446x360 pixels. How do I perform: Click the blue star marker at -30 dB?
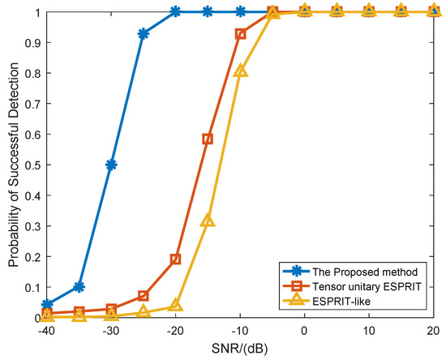point(111,165)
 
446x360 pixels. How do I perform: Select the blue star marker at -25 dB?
point(144,34)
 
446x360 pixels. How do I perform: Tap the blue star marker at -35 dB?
point(79,286)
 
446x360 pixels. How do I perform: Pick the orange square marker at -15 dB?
point(208,139)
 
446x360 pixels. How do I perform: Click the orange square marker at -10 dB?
point(240,34)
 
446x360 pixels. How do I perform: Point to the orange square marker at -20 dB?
point(175,259)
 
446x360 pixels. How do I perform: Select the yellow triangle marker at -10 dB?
point(240,71)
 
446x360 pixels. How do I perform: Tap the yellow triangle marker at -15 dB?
point(208,221)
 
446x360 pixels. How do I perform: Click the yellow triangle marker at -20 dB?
point(175,306)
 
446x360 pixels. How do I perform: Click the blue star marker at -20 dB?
point(175,12)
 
